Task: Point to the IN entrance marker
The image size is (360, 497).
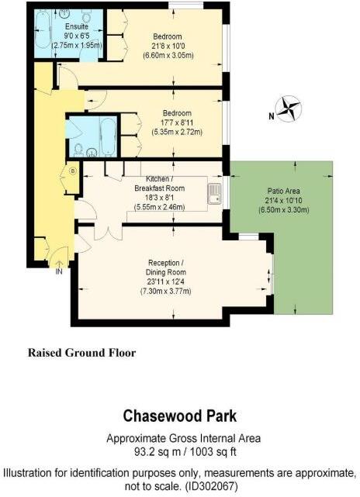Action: point(59,271)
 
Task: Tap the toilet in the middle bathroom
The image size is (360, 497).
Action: point(80,149)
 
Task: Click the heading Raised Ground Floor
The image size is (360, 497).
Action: point(81,353)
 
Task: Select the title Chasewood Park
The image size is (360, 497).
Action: point(179,417)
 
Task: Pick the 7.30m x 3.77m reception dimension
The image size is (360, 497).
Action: point(165,292)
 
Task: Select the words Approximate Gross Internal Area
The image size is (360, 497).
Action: point(179,438)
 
